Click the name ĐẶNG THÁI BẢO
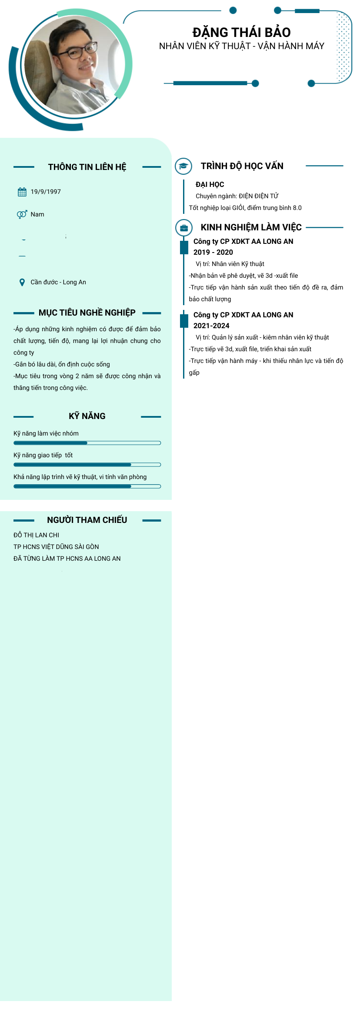(x=241, y=32)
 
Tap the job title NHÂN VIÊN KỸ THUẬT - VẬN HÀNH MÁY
(x=241, y=46)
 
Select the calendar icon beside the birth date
(x=22, y=192)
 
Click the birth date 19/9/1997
(x=46, y=192)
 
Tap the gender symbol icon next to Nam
(x=22, y=214)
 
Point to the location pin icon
(x=22, y=282)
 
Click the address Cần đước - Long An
(x=58, y=282)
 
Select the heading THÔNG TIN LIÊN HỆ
(x=87, y=167)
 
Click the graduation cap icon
(x=183, y=166)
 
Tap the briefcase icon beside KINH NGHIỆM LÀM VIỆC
(x=183, y=227)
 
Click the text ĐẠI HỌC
(x=210, y=184)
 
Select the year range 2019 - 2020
(x=213, y=252)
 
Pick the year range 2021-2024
(x=211, y=326)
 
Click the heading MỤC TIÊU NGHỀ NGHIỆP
(x=87, y=313)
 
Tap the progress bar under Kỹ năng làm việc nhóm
(x=87, y=443)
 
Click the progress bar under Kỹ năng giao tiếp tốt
(x=87, y=465)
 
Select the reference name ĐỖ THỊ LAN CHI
(x=36, y=535)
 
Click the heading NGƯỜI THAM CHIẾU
(x=87, y=520)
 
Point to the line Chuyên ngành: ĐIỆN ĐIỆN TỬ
(x=237, y=196)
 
